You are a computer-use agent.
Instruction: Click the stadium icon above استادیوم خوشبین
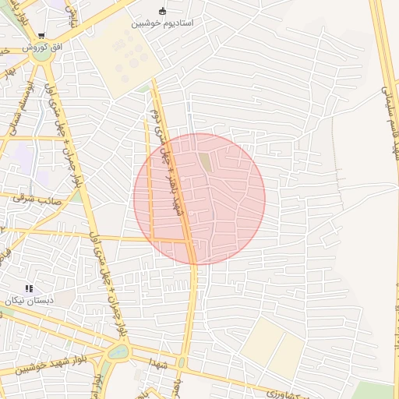point(162,11)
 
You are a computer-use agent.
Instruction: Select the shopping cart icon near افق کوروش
point(41,36)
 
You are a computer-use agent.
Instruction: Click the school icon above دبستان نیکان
point(30,288)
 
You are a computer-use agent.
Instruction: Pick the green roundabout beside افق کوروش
point(41,55)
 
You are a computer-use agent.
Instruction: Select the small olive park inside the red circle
point(205,161)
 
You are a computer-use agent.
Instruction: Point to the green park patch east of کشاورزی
point(375,390)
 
